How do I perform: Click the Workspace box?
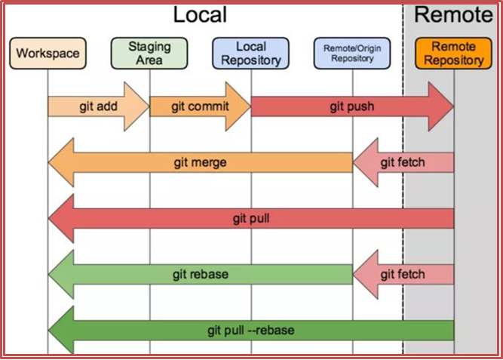coord(48,54)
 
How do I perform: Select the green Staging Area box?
coord(149,54)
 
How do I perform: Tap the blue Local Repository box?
coord(251,54)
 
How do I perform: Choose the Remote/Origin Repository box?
coord(353,54)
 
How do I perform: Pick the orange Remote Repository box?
coord(452,54)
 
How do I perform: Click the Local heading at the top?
coord(199,14)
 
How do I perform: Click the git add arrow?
coord(98,106)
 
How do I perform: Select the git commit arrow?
coord(199,106)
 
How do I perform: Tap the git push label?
coord(351,106)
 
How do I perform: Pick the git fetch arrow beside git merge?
coord(403,162)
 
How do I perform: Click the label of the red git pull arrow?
coord(251,219)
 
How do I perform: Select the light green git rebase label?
coord(201,274)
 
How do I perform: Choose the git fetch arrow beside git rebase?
coord(403,274)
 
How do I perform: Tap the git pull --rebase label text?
coord(251,330)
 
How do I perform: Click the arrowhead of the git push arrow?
coord(441,106)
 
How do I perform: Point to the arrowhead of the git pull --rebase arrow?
coord(60,330)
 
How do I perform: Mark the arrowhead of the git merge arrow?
coord(60,162)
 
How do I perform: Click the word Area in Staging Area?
coord(149,60)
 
